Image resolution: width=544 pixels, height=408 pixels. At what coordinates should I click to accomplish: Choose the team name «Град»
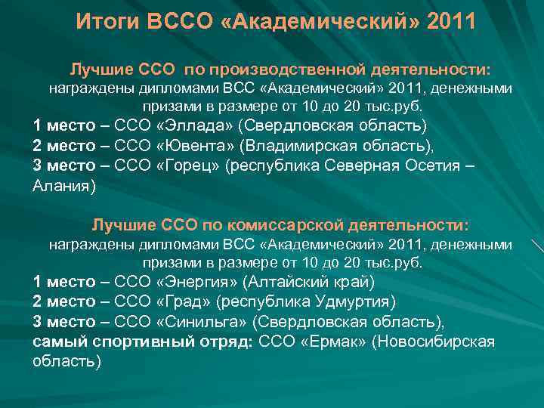[x=184, y=302]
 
